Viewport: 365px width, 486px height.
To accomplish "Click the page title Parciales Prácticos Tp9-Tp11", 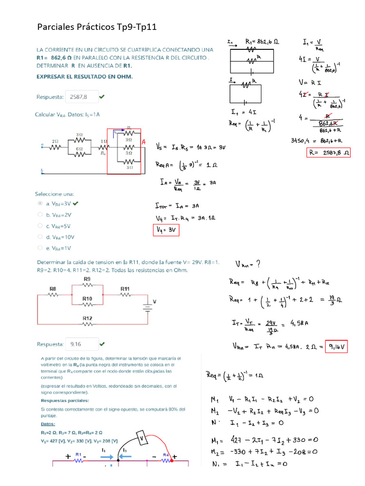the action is point(96,28).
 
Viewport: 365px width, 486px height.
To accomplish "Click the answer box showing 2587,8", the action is point(82,97).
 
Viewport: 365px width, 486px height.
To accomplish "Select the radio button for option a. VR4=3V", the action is point(40,203).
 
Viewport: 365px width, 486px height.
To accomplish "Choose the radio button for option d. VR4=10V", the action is point(40,236).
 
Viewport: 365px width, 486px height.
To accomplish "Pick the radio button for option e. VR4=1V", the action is point(40,248).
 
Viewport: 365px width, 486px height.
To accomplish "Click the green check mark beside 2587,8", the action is point(102,97).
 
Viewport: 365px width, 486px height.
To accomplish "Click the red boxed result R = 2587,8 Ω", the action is point(328,153).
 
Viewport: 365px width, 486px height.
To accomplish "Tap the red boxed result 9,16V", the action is point(337,348).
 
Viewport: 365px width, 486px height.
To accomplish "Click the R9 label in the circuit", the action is point(87,279).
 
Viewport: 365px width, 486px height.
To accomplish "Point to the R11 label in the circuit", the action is point(125,288).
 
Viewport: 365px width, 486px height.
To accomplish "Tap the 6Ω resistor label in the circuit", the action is point(79,148).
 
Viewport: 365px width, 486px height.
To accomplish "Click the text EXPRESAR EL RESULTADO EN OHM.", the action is point(85,76).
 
